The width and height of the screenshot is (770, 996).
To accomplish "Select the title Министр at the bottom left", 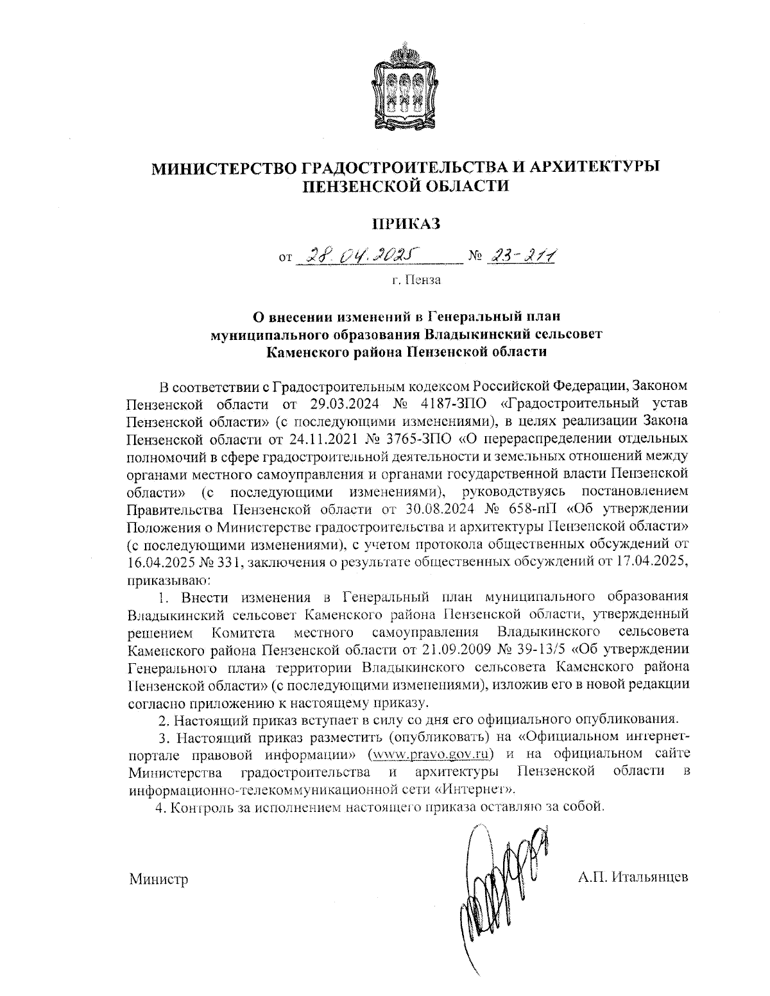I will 158,879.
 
